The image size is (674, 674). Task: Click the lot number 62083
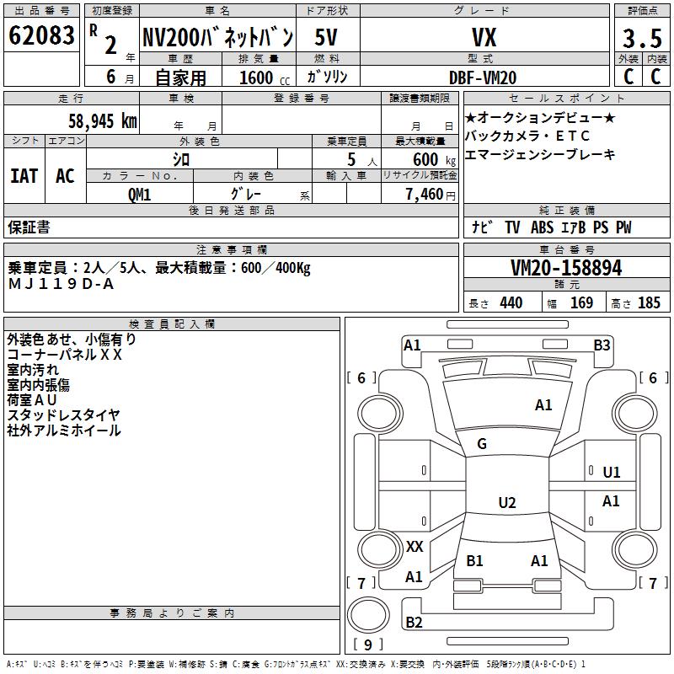pyautogui.click(x=41, y=35)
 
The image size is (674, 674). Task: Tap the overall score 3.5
pyautogui.click(x=642, y=38)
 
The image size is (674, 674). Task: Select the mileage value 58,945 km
pyautogui.click(x=103, y=121)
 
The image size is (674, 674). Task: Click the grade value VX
pyautogui.click(x=484, y=37)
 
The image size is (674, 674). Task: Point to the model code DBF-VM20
pyautogui.click(x=483, y=78)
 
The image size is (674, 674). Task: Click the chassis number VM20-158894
pyautogui.click(x=566, y=268)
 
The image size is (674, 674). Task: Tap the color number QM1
pyautogui.click(x=139, y=195)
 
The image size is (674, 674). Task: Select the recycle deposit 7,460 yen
pyautogui.click(x=431, y=195)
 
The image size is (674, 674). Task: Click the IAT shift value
pyautogui.click(x=24, y=176)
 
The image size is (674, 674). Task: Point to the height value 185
pyautogui.click(x=649, y=303)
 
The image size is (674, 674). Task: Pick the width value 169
pyautogui.click(x=581, y=303)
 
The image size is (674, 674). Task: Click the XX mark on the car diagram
pyautogui.click(x=415, y=547)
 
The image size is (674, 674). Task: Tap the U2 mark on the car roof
pyautogui.click(x=507, y=502)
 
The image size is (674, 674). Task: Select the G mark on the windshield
pyautogui.click(x=482, y=444)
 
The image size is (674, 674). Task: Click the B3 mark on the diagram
pyautogui.click(x=602, y=345)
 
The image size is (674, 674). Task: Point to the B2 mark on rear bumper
pyautogui.click(x=414, y=623)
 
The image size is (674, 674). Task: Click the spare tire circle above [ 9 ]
pyautogui.click(x=368, y=615)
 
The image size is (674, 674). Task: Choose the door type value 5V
pyautogui.click(x=326, y=37)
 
